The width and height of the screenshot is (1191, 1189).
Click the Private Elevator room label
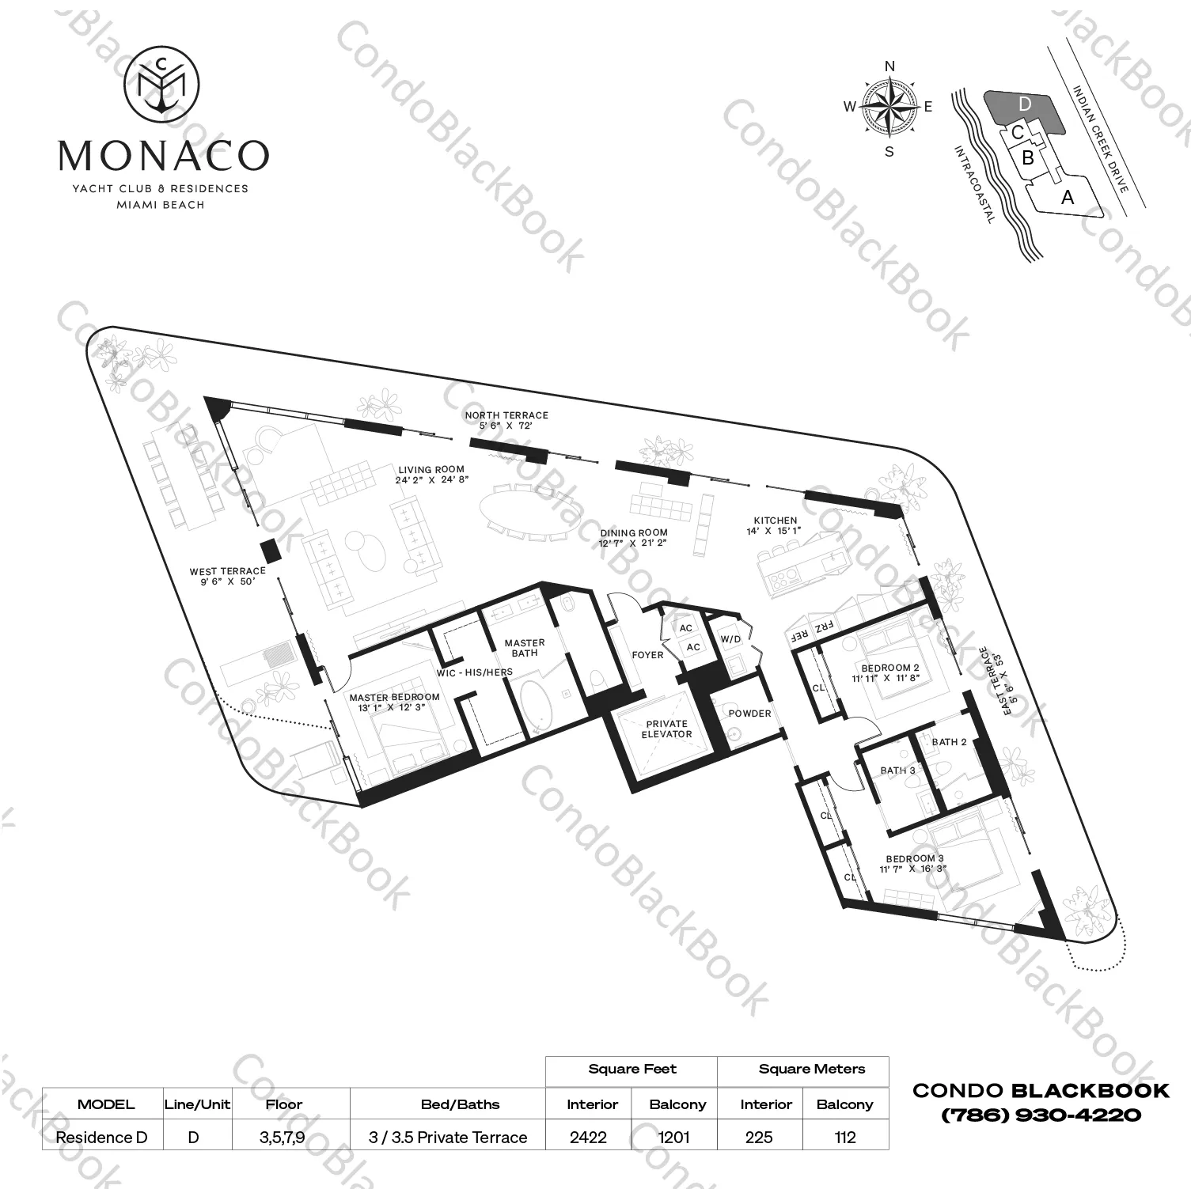(666, 729)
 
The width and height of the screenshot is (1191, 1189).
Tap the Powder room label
(749, 714)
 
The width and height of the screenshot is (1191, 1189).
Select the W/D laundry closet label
(730, 639)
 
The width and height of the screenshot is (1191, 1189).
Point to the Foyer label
(647, 655)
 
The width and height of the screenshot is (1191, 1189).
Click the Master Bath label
(525, 648)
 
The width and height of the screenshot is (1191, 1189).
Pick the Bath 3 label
(897, 770)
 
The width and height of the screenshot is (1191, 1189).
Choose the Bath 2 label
(949, 742)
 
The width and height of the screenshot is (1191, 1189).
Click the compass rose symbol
(889, 107)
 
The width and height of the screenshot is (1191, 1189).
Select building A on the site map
(1068, 197)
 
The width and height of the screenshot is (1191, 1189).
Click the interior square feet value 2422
(588, 1137)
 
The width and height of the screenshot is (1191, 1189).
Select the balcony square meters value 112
(844, 1137)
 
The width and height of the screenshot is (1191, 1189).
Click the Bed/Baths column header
(460, 1104)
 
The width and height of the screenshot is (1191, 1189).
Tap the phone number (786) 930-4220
(1041, 1115)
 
